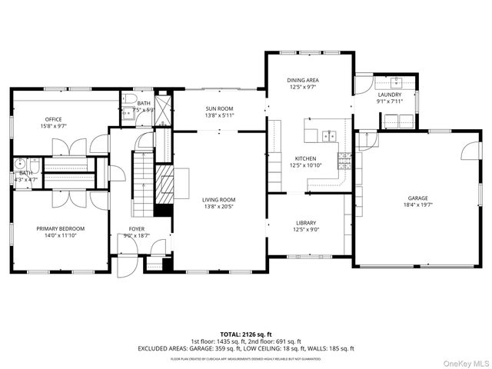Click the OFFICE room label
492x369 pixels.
pos(53,118)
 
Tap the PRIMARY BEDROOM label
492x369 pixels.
pos(61,228)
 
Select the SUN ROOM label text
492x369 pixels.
pos(219,108)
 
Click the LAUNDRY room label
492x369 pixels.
pos(389,95)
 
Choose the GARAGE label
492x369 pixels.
pos(418,198)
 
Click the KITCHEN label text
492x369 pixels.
pos(305,158)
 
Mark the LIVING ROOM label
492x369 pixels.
pos(219,200)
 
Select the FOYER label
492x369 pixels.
pos(137,228)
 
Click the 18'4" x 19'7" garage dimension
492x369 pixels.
pos(418,204)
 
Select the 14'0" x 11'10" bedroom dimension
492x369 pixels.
pos(61,235)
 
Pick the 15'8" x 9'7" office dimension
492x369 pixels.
pos(53,125)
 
